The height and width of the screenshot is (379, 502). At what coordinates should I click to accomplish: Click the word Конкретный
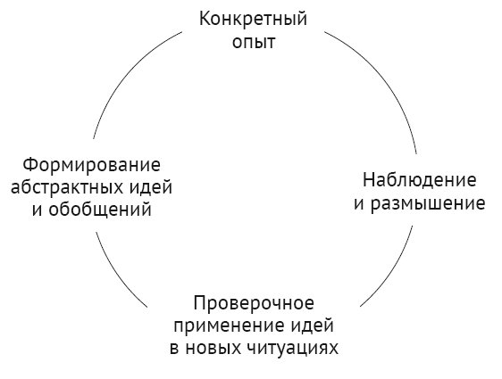pos(253,19)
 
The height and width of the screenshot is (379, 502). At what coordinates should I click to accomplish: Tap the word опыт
pos(254,42)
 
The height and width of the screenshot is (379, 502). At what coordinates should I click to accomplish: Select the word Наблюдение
pos(420,180)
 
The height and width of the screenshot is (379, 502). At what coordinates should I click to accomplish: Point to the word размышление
pos(428,204)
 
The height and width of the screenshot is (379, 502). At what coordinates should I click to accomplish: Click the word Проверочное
pos(254,303)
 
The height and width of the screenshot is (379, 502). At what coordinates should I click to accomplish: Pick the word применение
pos(229,326)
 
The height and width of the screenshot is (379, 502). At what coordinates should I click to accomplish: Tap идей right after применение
pos(312,325)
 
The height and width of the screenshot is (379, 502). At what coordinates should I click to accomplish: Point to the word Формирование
pos(92,165)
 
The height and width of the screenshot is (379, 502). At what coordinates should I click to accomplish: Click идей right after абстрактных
pos(151,186)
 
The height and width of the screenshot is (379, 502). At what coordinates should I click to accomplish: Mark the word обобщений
pos(100,210)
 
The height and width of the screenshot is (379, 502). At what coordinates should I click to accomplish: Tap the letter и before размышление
pos(359,204)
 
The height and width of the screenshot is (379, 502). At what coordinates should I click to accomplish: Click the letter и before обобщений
pos(37,210)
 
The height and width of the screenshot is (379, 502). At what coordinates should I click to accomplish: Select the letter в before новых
pos(174,349)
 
